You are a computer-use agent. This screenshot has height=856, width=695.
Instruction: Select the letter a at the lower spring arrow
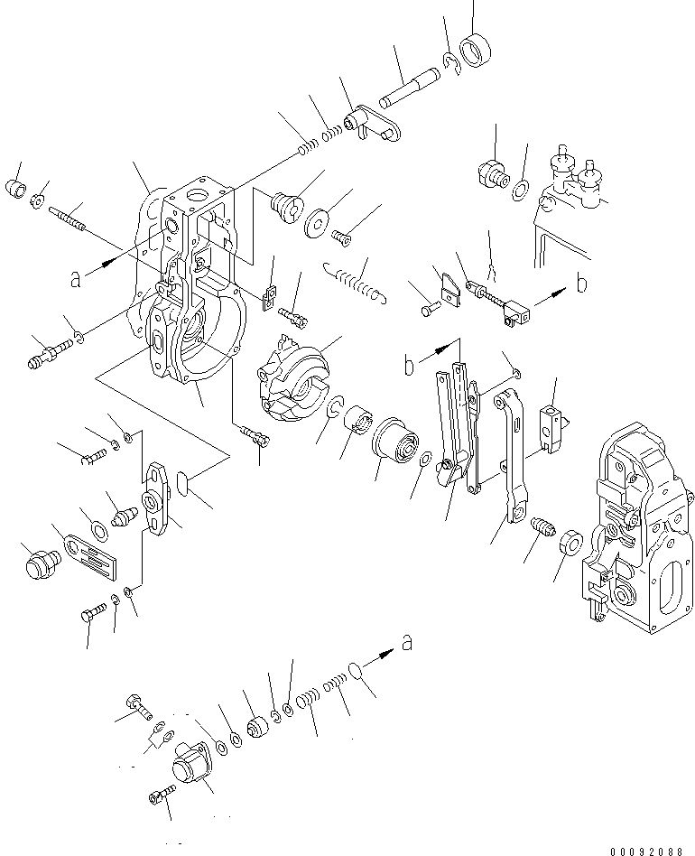[407, 643]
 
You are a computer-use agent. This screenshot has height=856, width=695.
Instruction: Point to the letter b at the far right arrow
[581, 284]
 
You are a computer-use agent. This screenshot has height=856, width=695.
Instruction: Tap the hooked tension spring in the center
[357, 280]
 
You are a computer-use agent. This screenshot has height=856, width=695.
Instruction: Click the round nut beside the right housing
[570, 544]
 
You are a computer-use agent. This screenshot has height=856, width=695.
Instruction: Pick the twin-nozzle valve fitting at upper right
[575, 182]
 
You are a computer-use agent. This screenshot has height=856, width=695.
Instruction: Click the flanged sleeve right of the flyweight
[394, 442]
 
